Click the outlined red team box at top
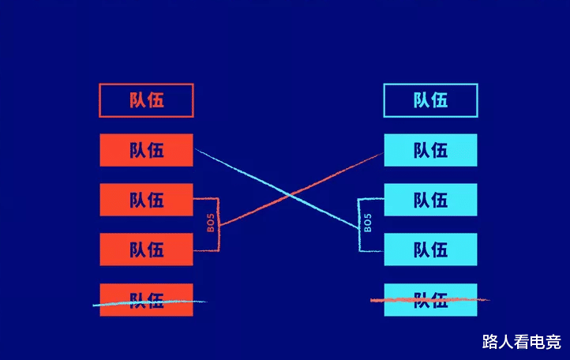tap(146, 100)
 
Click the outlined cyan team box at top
tap(430, 100)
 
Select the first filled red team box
tap(146, 150)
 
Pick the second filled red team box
tap(146, 200)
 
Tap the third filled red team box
tap(146, 249)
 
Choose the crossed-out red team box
tap(146, 300)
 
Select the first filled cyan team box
tap(430, 150)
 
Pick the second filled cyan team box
tap(430, 200)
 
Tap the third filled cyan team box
tap(430, 249)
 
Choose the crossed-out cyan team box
tap(430, 300)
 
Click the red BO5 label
tap(211, 224)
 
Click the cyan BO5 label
tap(368, 224)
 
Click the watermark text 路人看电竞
tap(522, 342)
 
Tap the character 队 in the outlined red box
tap(137, 100)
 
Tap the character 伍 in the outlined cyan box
tap(440, 100)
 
